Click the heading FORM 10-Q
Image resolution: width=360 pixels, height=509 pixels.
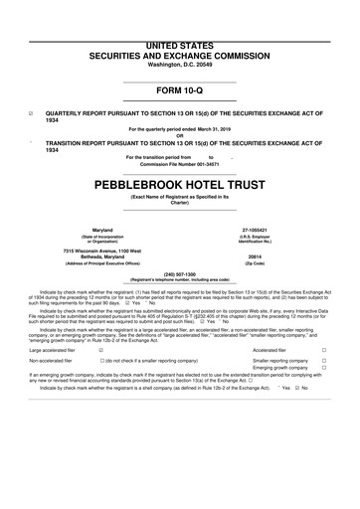pos(179,95)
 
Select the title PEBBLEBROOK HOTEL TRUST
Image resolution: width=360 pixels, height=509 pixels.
pos(179,185)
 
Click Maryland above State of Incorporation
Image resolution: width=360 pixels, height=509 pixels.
pos(101,228)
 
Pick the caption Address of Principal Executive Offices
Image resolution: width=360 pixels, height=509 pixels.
pos(101,262)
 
